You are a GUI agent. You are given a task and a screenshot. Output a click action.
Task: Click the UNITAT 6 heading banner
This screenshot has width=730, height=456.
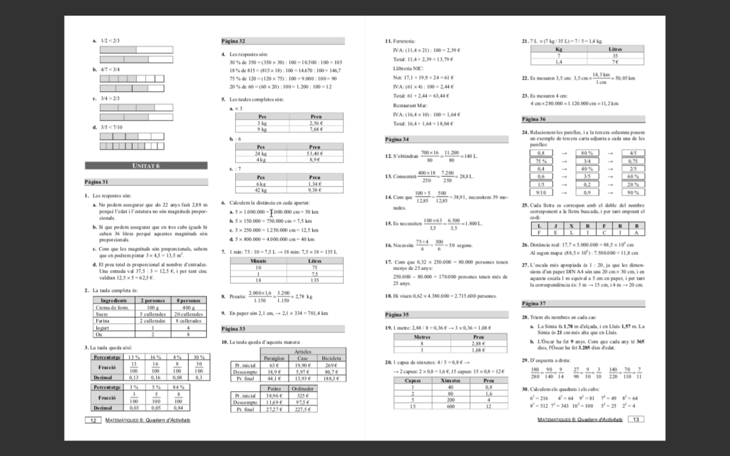(x=146, y=165)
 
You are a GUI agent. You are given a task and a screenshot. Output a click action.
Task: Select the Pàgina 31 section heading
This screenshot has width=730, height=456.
(x=96, y=182)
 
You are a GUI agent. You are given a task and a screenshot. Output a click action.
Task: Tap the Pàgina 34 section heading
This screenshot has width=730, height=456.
(x=396, y=139)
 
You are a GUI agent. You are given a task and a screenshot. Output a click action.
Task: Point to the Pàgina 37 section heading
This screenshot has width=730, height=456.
(x=534, y=303)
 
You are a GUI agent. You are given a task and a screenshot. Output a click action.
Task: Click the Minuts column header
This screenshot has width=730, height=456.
(x=259, y=261)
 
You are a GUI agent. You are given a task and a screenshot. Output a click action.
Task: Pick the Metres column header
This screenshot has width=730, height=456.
(x=423, y=336)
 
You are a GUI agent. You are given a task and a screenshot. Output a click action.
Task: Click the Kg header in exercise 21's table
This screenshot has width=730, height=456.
(x=558, y=50)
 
